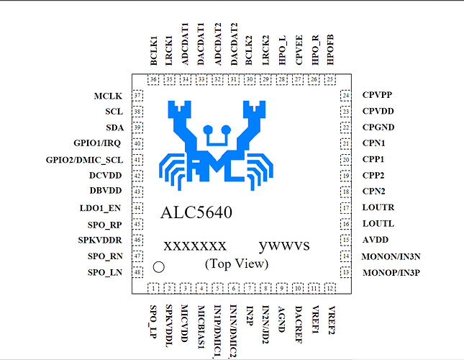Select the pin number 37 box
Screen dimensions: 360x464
(x=137, y=96)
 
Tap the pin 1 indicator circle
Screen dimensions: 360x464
(x=160, y=266)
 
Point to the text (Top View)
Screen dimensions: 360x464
(x=237, y=264)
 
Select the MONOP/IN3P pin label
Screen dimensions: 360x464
(x=391, y=272)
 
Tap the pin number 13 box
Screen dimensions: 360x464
(x=346, y=272)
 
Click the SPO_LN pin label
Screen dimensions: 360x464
(x=106, y=272)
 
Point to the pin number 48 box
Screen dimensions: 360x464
(x=137, y=272)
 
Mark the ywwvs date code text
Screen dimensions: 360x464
(x=286, y=246)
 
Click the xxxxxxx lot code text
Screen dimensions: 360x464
(x=195, y=246)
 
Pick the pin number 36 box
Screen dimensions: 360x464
(x=154, y=79)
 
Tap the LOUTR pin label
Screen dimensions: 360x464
(x=378, y=207)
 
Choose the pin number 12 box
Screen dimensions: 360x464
(x=330, y=288)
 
